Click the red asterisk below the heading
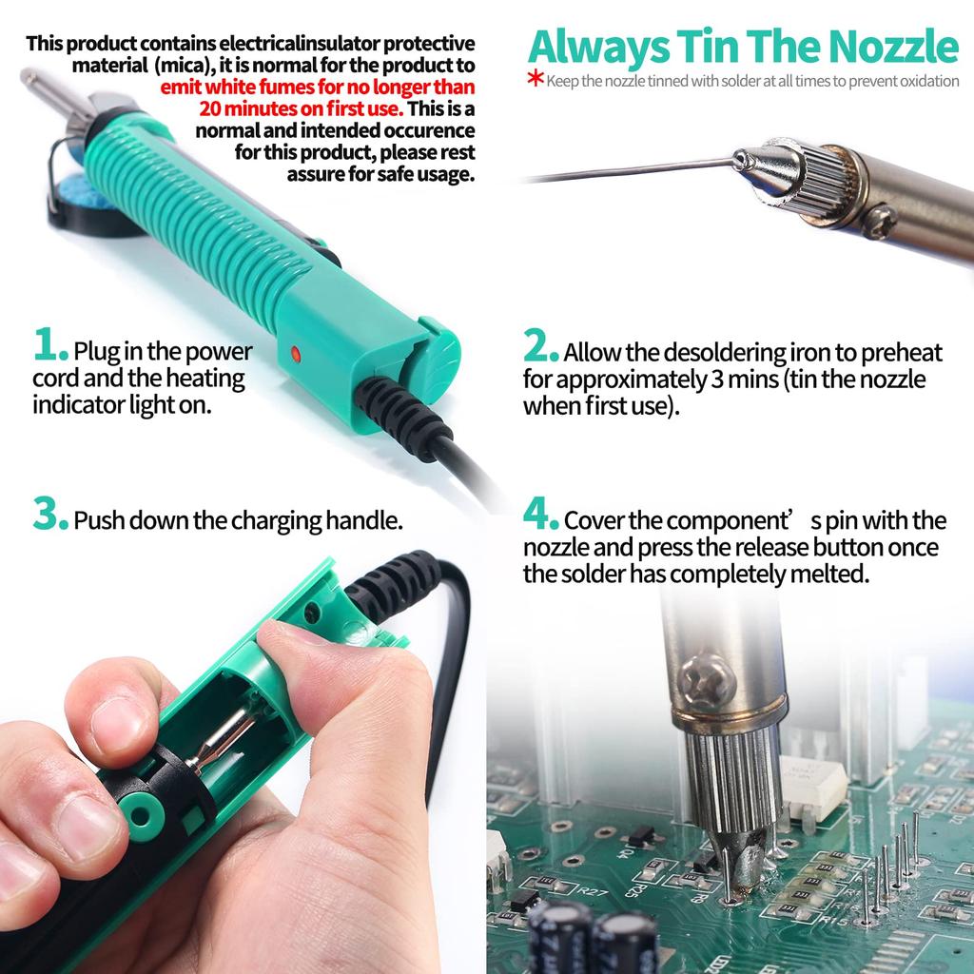[536, 78]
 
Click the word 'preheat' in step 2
[901, 353]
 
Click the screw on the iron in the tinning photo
[879, 221]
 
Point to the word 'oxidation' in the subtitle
[927, 81]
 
